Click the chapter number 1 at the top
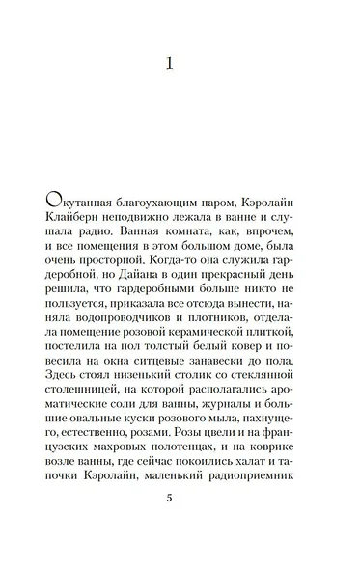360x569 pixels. pyautogui.click(x=169, y=66)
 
